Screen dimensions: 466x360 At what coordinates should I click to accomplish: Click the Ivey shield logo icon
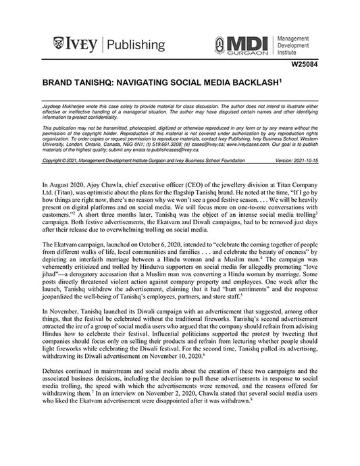click(x=58, y=45)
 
